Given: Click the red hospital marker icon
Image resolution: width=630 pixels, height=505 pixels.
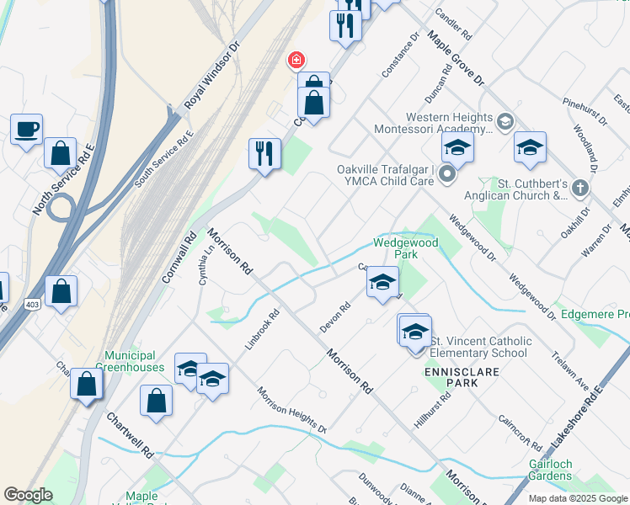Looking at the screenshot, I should [296, 60].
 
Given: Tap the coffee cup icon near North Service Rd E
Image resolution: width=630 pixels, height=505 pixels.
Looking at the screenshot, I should [26, 130].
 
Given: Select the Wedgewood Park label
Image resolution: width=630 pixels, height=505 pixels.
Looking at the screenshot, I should [395, 247].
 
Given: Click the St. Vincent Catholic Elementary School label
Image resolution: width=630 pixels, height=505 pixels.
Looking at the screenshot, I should [481, 347].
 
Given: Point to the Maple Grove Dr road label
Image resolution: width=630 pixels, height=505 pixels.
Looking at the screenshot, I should [456, 58].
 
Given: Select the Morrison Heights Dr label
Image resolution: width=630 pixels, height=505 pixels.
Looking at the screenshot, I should [291, 411].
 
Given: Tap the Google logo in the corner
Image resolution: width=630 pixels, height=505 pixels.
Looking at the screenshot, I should [28, 495].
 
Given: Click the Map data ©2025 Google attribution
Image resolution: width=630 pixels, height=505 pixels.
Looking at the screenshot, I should [577, 498].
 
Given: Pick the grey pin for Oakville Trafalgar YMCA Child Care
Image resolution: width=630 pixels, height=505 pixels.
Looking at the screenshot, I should [447, 174].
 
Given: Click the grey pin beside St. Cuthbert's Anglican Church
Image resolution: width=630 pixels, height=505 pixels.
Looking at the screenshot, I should [579, 189].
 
